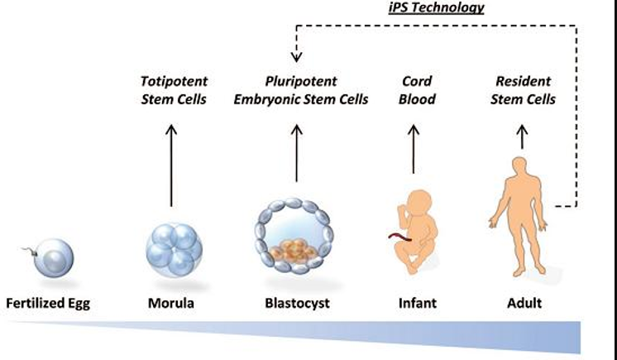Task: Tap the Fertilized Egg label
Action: pyautogui.click(x=48, y=303)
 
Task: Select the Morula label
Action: pyautogui.click(x=172, y=303)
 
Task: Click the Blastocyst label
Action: pyautogui.click(x=297, y=303)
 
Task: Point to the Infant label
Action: pyautogui.click(x=419, y=303)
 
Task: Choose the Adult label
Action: pyautogui.click(x=524, y=303)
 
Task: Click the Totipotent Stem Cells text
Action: pyautogui.click(x=172, y=91)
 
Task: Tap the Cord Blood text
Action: pyautogui.click(x=419, y=91)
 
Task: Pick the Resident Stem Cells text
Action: pyautogui.click(x=524, y=91)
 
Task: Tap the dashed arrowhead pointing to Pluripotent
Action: pyautogui.click(x=296, y=57)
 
